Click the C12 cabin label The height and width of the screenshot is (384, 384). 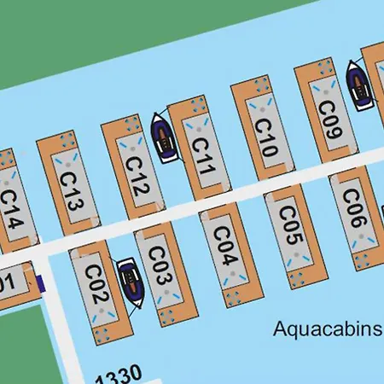pyautogui.click(x=137, y=175)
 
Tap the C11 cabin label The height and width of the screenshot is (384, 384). pyautogui.click(x=201, y=155)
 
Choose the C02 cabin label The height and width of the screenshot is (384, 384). pyautogui.click(x=96, y=286)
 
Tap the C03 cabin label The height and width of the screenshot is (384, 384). pyautogui.click(x=159, y=266)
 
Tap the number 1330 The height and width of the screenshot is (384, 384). pyautogui.click(x=119, y=376)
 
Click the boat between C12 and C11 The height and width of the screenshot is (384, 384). pyautogui.click(x=164, y=137)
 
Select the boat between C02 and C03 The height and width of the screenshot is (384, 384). pyautogui.click(x=131, y=283)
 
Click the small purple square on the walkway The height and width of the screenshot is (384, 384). pyautogui.click(x=38, y=283)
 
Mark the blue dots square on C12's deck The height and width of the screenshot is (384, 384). pyautogui.click(x=132, y=123)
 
